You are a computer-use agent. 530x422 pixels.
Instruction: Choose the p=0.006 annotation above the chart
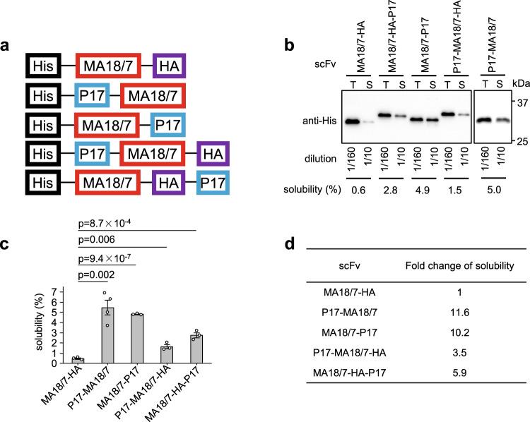tap(95, 242)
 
